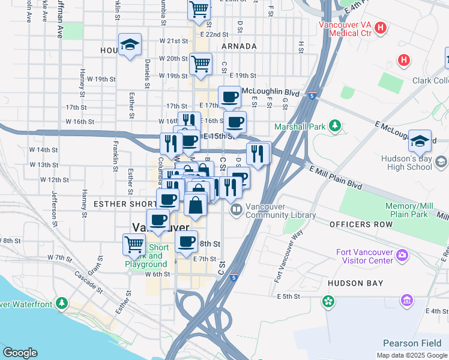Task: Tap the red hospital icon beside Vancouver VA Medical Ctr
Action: coord(381,28)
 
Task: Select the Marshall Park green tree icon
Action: coord(337,126)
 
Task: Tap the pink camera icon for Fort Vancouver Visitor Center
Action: coord(400,256)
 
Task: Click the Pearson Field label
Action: coord(413,343)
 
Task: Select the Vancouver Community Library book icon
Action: coord(236,210)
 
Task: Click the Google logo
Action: coord(20,352)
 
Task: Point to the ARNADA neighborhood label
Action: coord(239,46)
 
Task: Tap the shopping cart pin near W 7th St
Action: coord(134,244)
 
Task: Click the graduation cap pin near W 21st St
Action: coord(130,44)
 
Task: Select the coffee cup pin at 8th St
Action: coord(187,241)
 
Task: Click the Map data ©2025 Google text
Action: coord(411,355)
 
